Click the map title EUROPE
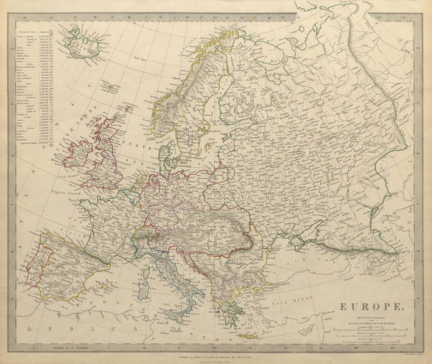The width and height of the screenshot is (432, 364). (x=365, y=308)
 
